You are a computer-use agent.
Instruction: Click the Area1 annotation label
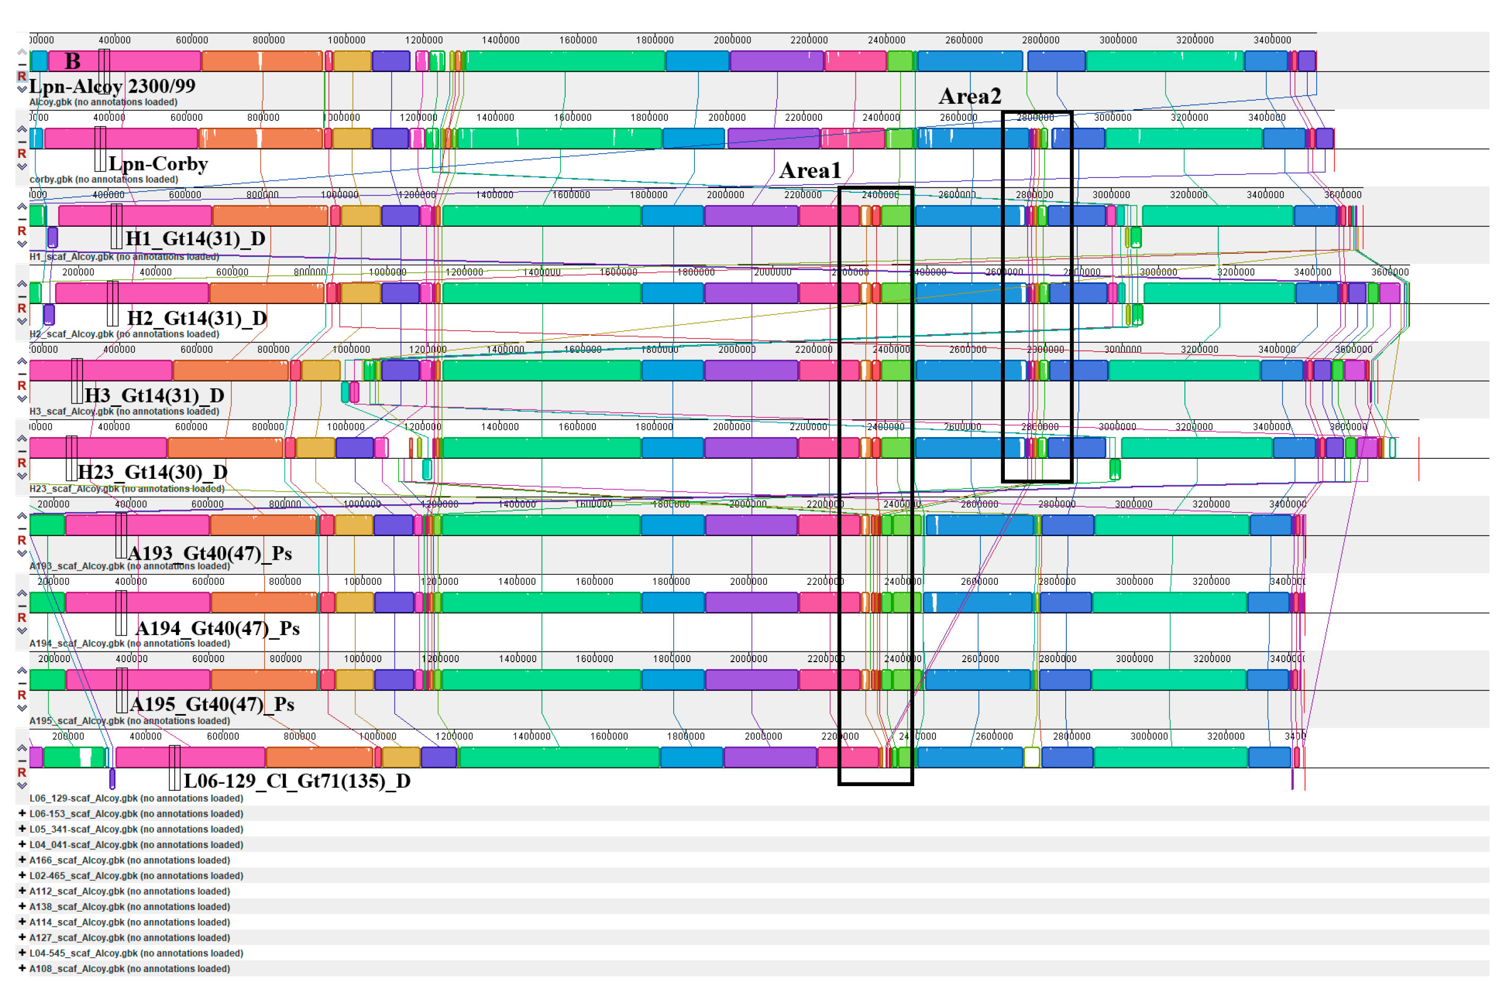(x=809, y=171)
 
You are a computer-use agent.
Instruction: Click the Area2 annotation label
(x=970, y=96)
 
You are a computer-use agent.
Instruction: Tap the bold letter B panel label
(x=73, y=61)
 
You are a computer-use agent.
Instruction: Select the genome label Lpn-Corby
(x=158, y=164)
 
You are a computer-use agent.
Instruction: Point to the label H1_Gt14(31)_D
(x=195, y=239)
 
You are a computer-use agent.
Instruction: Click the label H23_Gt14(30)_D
(x=152, y=473)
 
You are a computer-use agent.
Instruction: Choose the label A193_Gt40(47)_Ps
(x=210, y=553)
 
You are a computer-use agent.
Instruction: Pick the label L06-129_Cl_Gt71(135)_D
(x=297, y=781)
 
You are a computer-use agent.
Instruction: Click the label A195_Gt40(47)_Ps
(x=212, y=705)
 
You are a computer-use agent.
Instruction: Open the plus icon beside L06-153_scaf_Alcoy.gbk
(x=22, y=814)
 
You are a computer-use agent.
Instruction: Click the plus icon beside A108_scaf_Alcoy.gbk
(x=22, y=968)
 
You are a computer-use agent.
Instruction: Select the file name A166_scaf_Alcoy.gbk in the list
(x=129, y=860)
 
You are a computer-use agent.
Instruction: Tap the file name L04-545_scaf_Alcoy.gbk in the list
(x=136, y=954)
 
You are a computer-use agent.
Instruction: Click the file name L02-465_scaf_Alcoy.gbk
(x=136, y=876)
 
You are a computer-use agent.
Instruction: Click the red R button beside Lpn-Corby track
(x=22, y=154)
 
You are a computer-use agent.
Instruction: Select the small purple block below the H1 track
(x=53, y=237)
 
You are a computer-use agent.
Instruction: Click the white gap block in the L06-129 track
(x=1031, y=758)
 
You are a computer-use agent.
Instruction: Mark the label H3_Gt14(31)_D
(x=154, y=396)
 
